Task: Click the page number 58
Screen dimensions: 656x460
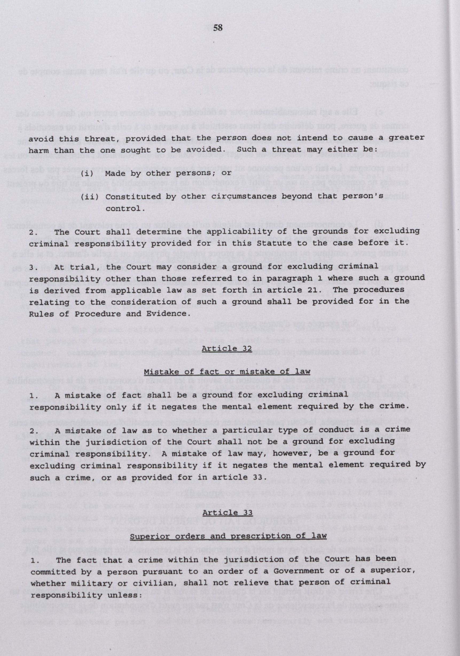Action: click(218, 28)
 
